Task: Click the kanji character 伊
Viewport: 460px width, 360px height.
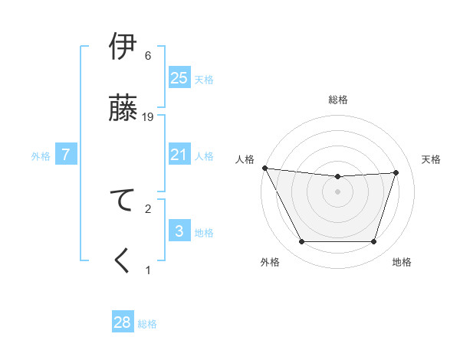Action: pos(123,48)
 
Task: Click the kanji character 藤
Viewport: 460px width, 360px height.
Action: pos(123,108)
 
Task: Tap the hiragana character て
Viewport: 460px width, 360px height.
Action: pos(123,200)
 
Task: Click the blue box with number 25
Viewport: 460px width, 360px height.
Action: pos(179,78)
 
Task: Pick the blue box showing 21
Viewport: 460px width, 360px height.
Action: pos(179,155)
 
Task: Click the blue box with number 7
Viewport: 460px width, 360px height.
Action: pos(66,155)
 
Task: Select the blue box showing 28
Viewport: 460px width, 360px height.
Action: pos(123,322)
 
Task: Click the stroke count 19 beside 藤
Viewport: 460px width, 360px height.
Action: pos(149,116)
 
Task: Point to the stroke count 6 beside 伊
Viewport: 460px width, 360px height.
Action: pos(148,56)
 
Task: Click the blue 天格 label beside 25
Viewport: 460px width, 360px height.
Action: pos(204,79)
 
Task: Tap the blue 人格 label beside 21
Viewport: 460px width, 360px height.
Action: pos(204,156)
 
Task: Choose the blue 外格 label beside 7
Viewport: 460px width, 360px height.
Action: pos(41,156)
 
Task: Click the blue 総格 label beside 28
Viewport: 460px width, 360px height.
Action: pos(147,324)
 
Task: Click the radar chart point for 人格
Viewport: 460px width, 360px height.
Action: pos(264,168)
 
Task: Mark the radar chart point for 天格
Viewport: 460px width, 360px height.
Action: pos(396,172)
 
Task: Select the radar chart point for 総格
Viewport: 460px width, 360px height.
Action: pos(337,177)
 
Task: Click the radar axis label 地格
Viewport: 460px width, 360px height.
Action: pos(402,263)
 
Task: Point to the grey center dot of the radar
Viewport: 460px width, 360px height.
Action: pos(337,191)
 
